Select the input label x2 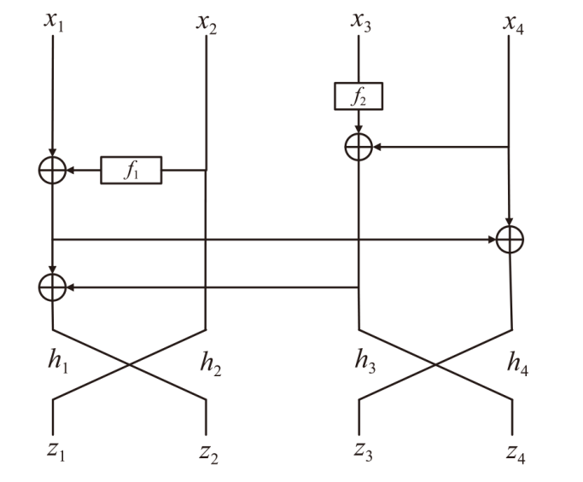pyautogui.click(x=206, y=20)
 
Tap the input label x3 pyautogui.click(x=359, y=20)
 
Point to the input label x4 pyautogui.click(x=511, y=20)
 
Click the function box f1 pyautogui.click(x=131, y=171)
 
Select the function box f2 pyautogui.click(x=359, y=96)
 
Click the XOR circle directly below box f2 pyautogui.click(x=359, y=147)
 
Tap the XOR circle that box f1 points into pyautogui.click(x=53, y=171)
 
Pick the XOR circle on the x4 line pyautogui.click(x=510, y=240)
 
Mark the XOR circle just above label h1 pyautogui.click(x=53, y=288)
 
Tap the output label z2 pyautogui.click(x=207, y=451)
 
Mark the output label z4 pyautogui.click(x=514, y=451)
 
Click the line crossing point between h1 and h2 pyautogui.click(x=130, y=364)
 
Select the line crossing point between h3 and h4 pyautogui.click(x=435, y=364)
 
